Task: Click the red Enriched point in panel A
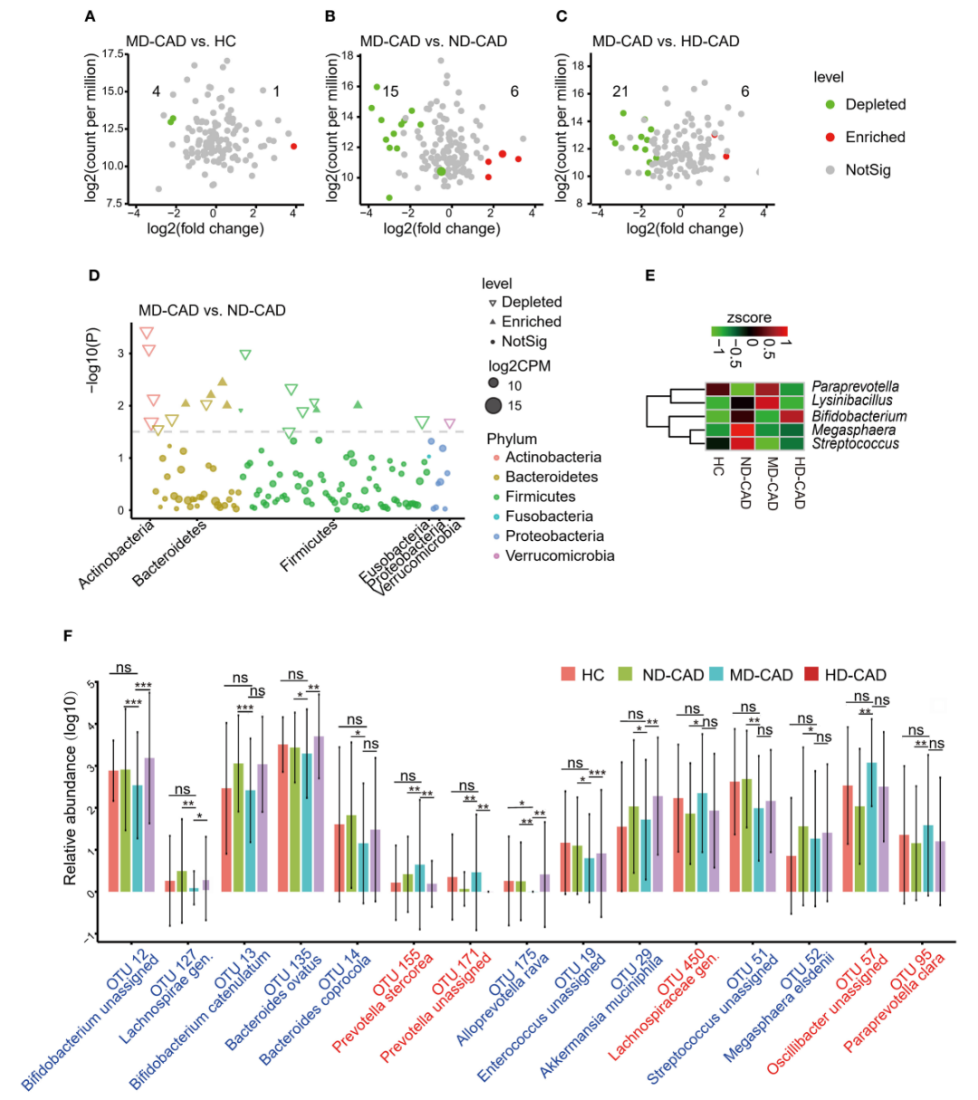(293, 146)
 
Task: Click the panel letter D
(93, 274)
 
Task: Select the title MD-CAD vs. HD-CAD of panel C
(666, 42)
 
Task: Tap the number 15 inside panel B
(390, 92)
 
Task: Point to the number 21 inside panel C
(620, 92)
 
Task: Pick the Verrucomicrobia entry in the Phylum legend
(559, 555)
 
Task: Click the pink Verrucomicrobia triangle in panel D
(449, 424)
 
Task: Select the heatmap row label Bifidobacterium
(858, 416)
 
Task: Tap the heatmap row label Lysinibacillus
(852, 400)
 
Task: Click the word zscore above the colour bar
(749, 318)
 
